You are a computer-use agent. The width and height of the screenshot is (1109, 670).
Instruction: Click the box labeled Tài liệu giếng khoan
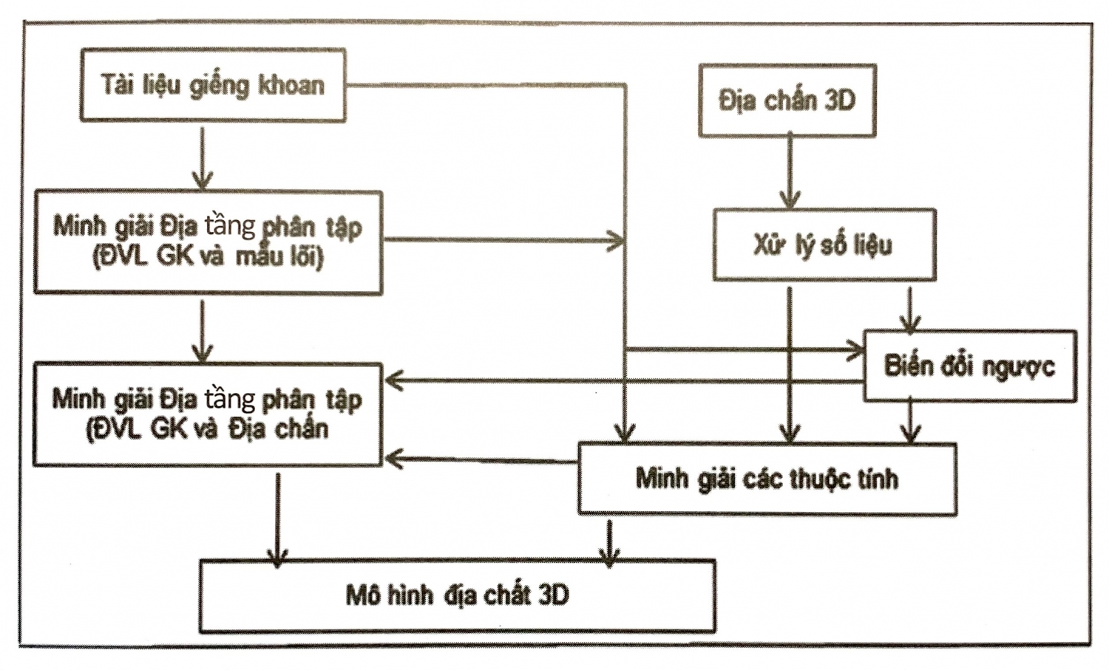212,85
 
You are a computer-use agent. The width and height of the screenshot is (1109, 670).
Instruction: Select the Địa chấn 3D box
787,100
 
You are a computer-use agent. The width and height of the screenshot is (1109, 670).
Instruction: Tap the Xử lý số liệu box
824,245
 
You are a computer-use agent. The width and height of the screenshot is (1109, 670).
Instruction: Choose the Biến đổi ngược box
969,366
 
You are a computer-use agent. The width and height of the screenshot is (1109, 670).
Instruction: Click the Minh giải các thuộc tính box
767,479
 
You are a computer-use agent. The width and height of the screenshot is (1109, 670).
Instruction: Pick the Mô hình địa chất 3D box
457,595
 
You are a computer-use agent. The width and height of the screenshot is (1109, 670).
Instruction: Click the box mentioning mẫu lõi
208,242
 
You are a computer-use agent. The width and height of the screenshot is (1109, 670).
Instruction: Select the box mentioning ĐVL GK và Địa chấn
208,414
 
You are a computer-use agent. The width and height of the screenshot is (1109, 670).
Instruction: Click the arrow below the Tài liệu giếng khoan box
202,157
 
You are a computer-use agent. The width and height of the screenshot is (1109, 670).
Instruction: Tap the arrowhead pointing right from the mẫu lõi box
615,239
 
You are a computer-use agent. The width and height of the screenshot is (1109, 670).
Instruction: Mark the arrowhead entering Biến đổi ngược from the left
856,349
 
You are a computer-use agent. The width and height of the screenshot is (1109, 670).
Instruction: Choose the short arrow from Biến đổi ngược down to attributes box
911,421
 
